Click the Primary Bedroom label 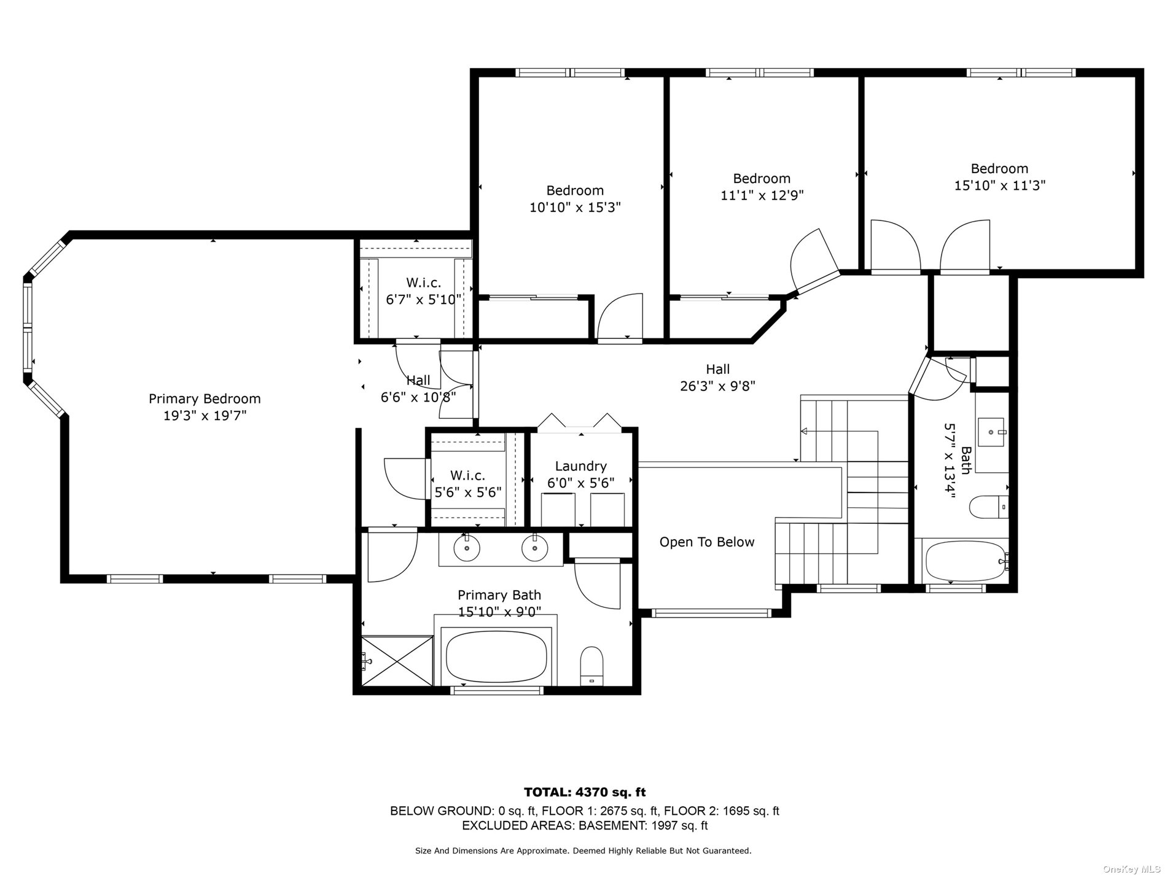click(205, 399)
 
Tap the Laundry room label click(580, 466)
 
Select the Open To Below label click(707, 542)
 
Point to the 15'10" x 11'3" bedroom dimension click(999, 185)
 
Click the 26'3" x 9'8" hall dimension click(717, 386)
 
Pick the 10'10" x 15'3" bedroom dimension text click(575, 208)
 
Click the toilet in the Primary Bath click(592, 666)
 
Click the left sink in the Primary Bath click(467, 548)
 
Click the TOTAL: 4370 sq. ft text click(584, 793)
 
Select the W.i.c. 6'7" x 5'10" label click(423, 291)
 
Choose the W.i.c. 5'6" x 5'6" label click(467, 484)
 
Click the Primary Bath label click(499, 595)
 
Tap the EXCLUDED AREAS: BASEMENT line click(584, 826)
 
